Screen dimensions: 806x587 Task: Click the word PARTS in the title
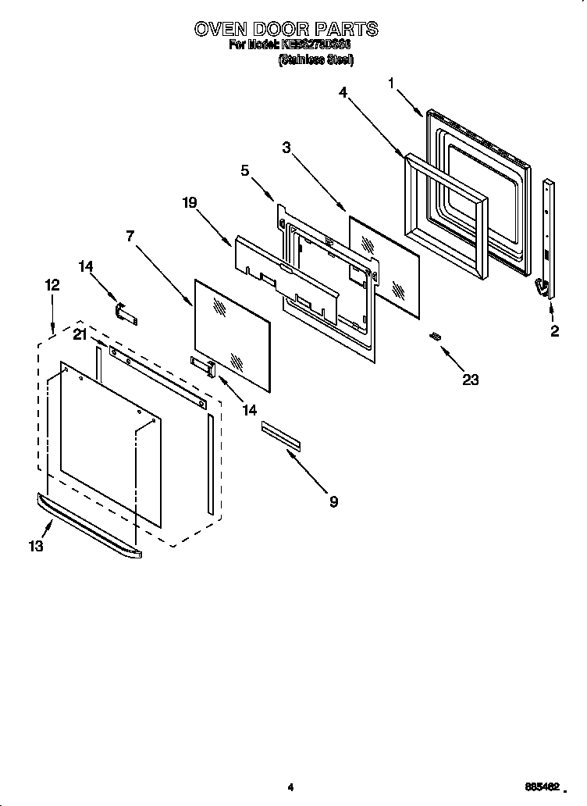point(347,29)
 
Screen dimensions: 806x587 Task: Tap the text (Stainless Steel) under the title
point(316,60)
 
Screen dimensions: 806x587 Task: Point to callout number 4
point(343,92)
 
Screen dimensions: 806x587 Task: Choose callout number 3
point(286,147)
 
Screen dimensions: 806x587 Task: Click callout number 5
point(244,170)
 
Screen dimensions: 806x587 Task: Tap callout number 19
point(190,202)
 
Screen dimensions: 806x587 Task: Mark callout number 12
point(52,286)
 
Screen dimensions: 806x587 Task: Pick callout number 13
point(35,546)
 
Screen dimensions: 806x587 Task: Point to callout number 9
point(333,501)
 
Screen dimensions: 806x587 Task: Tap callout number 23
point(470,380)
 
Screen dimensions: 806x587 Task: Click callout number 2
point(554,330)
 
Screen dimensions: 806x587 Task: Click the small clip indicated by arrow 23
point(436,335)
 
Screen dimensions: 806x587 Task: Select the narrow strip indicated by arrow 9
point(280,436)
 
